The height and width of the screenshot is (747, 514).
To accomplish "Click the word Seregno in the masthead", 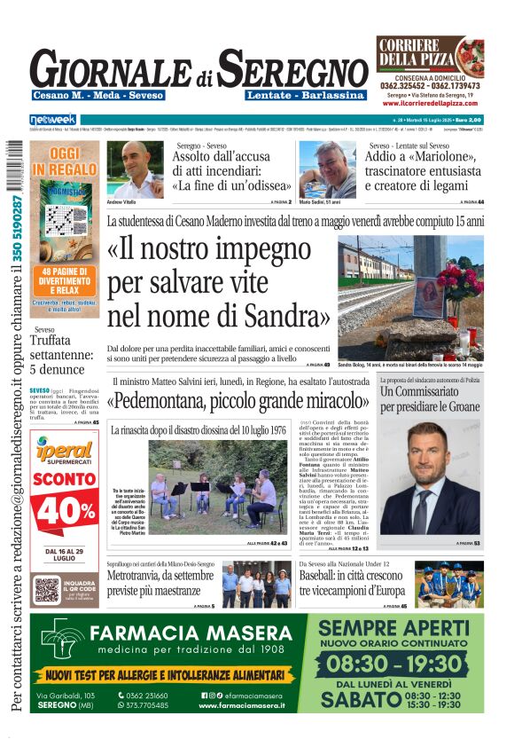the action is point(293,68).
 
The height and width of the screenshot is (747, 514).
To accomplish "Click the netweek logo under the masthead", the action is point(53,120).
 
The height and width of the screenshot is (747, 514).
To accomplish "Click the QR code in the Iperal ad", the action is point(47,589).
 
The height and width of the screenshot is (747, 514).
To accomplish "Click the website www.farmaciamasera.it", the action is point(241,705).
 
